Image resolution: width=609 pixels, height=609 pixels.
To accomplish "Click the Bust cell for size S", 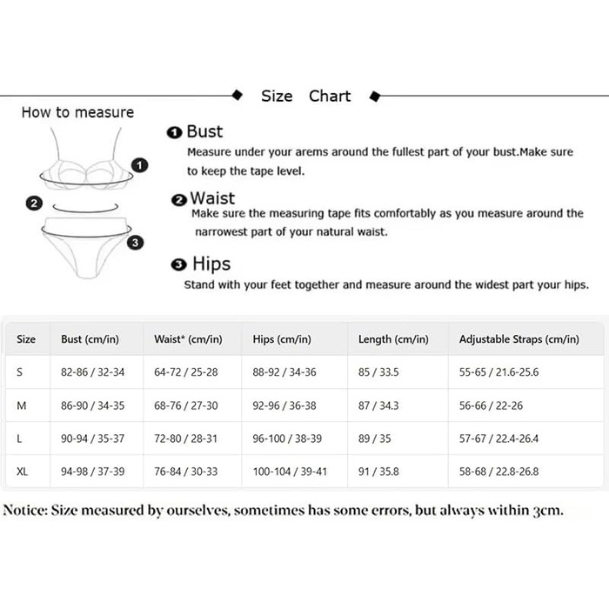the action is tap(92, 372).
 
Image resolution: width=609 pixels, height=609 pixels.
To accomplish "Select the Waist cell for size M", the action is tap(185, 405).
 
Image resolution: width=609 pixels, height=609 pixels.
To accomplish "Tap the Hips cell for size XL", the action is tap(290, 472).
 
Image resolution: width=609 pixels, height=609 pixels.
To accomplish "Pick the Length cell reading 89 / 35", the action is tap(374, 438).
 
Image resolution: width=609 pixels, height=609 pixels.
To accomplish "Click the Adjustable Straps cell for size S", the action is tap(499, 372).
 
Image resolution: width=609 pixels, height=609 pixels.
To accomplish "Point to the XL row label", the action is tap(22, 472).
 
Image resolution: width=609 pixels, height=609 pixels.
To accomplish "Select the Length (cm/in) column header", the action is tap(393, 339).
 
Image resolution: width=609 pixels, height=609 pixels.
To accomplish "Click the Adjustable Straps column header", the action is tap(519, 339).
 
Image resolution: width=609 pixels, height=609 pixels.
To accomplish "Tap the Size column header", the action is tap(26, 339).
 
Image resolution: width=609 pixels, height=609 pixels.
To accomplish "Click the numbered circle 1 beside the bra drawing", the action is tap(139, 165).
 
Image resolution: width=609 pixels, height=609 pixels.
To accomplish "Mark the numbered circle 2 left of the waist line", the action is tap(34, 203).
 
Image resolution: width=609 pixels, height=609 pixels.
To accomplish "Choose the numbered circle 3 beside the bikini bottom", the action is tap(135, 243).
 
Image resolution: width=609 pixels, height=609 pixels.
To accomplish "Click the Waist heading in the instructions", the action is tap(212, 198).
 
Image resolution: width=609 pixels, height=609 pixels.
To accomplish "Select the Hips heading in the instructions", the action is tap(211, 264).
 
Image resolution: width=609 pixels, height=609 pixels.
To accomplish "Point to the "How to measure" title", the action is tap(77, 112).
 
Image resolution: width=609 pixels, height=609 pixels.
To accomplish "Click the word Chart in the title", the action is tap(330, 96).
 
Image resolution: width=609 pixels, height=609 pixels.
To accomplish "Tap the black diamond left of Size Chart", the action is tap(237, 95).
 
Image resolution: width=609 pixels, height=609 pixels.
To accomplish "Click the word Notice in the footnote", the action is tap(25, 510).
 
